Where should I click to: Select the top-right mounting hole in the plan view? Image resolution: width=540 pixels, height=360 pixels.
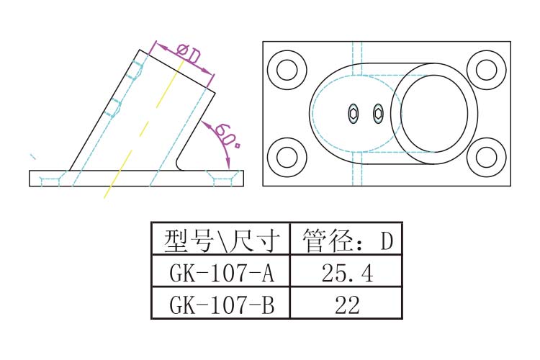[487, 70]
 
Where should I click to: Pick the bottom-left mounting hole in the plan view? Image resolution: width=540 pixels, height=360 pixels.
[287, 158]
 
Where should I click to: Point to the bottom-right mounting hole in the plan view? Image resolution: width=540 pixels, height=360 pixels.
[487, 158]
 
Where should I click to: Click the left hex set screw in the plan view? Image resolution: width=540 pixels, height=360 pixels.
[354, 114]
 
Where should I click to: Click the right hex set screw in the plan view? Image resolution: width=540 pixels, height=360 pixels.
[378, 114]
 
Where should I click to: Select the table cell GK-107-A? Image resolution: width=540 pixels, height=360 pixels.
[220, 273]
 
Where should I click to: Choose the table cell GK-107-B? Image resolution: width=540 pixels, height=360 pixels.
[220, 305]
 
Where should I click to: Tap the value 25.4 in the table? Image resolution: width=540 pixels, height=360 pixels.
[346, 273]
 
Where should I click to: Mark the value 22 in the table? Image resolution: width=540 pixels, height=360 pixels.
[346, 305]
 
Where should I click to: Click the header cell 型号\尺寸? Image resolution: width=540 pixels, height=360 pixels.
[220, 240]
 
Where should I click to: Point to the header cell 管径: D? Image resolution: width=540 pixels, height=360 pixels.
[346, 240]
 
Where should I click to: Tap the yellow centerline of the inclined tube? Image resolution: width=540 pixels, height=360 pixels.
[144, 130]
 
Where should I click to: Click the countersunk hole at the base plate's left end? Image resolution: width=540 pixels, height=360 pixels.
[50, 178]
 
